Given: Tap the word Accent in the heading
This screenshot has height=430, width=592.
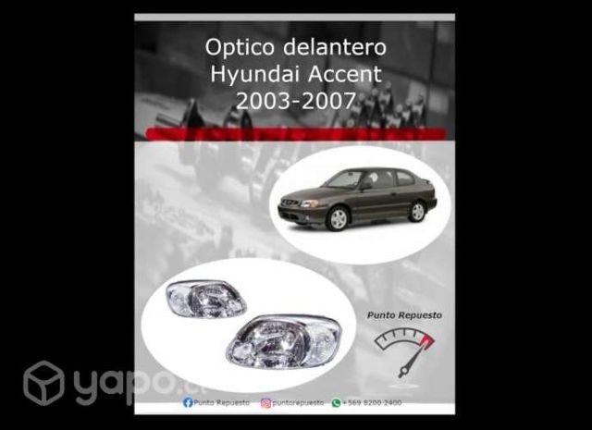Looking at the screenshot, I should click(346, 74).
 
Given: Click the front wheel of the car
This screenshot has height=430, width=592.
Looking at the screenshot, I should click(338, 218).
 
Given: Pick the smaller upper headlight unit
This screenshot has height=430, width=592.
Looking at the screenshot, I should click(205, 299).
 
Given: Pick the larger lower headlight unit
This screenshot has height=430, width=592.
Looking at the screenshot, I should click(283, 339).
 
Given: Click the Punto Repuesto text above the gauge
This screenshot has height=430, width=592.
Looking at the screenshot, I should click(404, 315).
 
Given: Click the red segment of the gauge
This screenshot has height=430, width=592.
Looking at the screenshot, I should click(425, 343).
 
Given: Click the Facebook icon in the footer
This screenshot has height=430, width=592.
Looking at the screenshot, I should click(188, 403).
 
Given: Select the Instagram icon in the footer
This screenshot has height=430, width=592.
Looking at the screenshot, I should click(265, 403).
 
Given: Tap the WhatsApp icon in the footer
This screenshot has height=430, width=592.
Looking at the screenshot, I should click(336, 403).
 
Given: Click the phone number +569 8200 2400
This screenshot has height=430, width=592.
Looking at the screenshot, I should click(373, 403).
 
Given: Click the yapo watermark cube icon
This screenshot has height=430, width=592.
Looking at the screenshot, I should click(43, 383).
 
